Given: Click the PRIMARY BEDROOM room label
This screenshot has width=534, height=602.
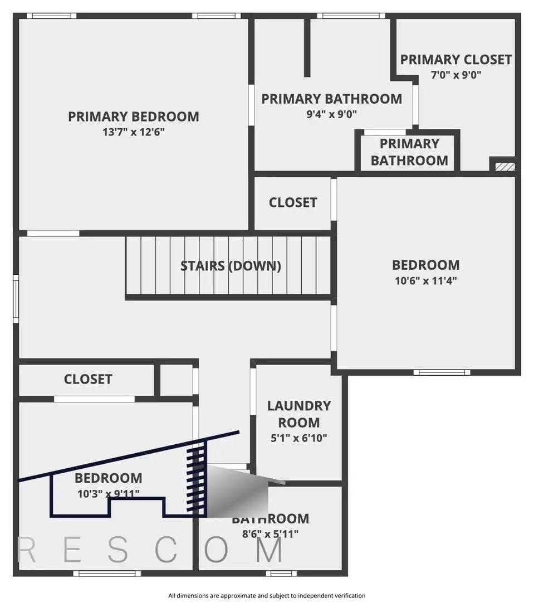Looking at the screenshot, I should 133,116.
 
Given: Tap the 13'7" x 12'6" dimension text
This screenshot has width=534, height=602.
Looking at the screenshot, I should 133,133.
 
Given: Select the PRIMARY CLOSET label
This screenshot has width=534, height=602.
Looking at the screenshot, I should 455,60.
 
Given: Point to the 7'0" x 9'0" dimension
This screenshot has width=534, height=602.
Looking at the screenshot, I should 455,75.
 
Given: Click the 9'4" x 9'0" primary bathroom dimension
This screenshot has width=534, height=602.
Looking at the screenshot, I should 331,114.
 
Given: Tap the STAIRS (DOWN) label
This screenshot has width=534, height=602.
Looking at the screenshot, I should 231,266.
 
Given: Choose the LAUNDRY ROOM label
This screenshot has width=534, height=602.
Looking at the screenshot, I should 299,414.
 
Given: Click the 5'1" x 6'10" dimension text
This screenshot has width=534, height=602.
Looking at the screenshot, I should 299,438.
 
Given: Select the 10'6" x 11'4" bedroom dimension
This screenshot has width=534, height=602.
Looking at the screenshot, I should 426,281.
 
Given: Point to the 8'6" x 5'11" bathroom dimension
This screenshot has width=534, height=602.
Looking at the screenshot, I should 271,534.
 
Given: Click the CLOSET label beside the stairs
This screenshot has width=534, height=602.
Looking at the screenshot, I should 293,203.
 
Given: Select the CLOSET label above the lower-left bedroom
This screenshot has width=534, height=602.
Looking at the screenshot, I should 88,380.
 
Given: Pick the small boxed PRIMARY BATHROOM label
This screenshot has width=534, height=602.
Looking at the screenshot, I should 409,152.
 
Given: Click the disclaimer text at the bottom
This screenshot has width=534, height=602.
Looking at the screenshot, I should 267,595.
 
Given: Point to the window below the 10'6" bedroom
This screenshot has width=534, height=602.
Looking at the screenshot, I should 441,372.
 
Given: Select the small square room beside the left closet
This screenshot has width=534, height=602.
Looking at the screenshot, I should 176,381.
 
